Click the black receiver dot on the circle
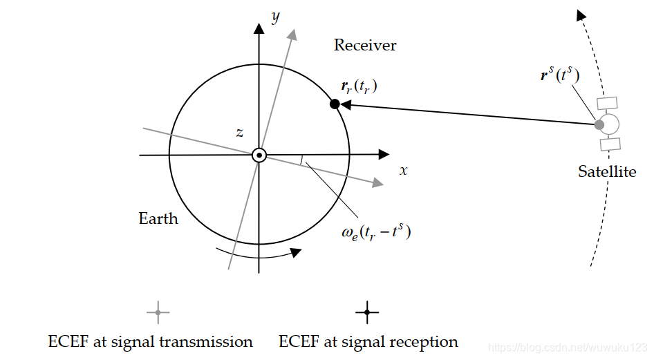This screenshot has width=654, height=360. point(335,104)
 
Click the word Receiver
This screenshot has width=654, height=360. point(365,46)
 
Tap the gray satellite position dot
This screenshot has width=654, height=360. point(599,125)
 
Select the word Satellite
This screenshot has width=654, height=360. point(607,171)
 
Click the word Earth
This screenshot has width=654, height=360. point(158,219)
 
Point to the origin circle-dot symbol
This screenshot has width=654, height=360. point(259,155)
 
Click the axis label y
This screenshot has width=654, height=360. point(275,17)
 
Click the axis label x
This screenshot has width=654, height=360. point(404,170)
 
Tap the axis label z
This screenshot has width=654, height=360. point(239,133)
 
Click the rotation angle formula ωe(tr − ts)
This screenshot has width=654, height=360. point(376,232)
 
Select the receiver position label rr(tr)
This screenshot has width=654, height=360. point(359,87)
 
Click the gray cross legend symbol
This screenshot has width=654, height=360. point(158,313)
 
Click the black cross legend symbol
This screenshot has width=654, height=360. point(367,313)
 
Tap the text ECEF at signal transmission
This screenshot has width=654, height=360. point(151,341)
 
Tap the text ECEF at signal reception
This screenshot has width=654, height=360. point(368,341)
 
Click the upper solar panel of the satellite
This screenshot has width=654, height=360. point(607,103)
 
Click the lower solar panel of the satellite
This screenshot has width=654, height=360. point(610,144)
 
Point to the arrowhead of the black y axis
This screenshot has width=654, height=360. point(259,28)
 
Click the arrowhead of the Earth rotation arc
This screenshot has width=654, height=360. point(296,252)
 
